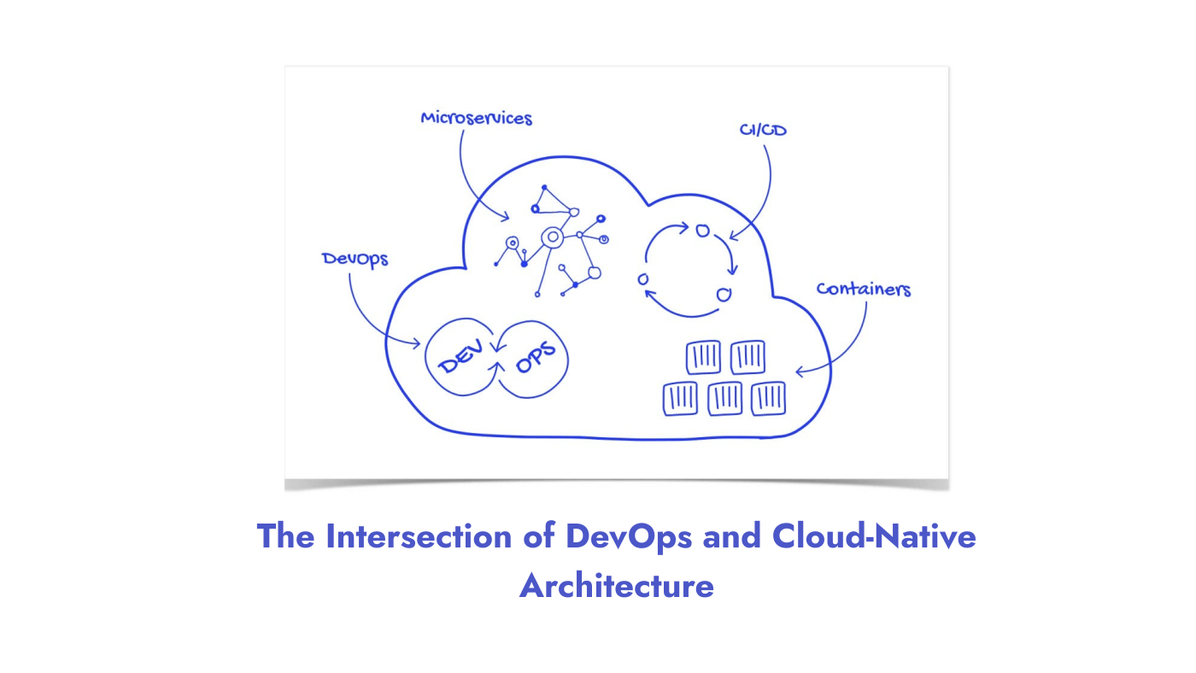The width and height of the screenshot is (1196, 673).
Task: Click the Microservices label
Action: pos(476,118)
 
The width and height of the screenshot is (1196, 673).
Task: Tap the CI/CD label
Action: pos(763,131)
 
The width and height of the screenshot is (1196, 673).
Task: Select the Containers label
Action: pos(863,289)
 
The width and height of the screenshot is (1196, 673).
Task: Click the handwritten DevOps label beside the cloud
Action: pos(355,259)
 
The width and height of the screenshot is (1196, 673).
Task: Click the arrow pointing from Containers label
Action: pos(846,346)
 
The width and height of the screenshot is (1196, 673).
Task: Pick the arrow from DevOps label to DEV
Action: pos(367,320)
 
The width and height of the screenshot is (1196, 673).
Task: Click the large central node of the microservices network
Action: pos(553,237)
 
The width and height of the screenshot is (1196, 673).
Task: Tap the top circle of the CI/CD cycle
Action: pos(702,231)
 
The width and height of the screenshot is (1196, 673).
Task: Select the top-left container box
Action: pos(704,357)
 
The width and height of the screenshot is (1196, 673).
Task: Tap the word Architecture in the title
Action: pos(616,587)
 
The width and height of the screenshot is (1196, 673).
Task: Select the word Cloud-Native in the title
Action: pos(873,536)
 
